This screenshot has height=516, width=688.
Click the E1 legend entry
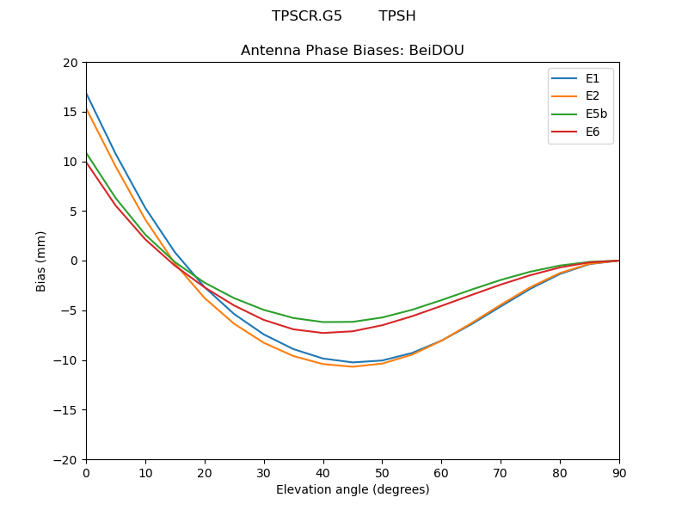click(x=580, y=79)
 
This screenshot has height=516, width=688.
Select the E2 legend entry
click(x=580, y=96)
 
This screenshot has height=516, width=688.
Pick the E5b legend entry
click(x=580, y=114)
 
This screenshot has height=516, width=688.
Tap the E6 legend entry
click(x=580, y=132)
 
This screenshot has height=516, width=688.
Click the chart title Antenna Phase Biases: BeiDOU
click(x=353, y=51)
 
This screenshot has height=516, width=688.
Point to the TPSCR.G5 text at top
click(x=307, y=16)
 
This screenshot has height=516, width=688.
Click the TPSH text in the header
click(x=397, y=16)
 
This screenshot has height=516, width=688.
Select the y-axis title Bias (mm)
click(x=41, y=261)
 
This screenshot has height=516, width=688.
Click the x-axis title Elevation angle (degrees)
click(x=353, y=490)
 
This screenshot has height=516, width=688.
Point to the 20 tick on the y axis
click(x=70, y=63)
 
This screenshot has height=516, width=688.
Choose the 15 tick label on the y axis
click(x=70, y=112)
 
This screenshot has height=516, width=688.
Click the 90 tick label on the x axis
click(x=619, y=472)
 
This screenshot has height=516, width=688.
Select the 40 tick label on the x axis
click(x=323, y=472)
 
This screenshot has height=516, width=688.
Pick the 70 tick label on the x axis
click(x=501, y=472)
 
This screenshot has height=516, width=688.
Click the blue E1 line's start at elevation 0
click(x=86, y=93)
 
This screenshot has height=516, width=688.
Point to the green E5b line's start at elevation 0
click(x=86, y=152)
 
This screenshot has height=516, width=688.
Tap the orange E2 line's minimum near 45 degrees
click(x=353, y=366)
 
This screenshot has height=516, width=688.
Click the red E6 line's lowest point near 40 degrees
click(x=323, y=333)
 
